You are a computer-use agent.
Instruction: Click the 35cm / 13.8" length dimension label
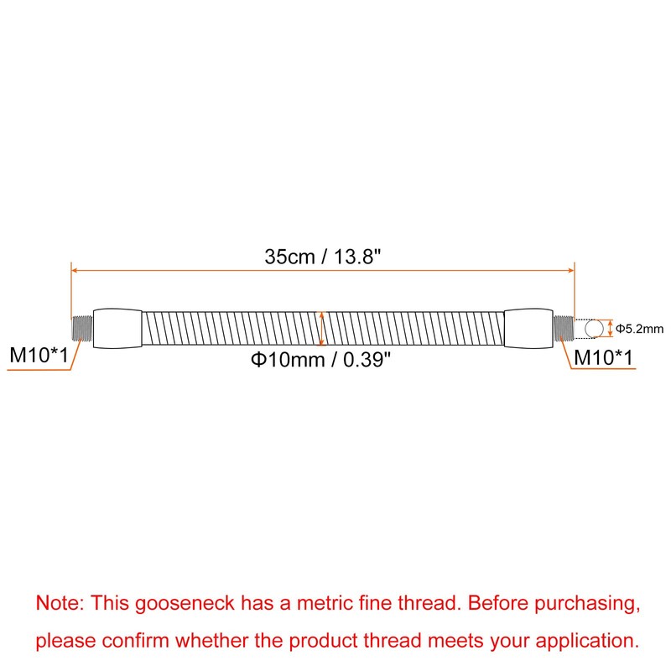tap(323, 257)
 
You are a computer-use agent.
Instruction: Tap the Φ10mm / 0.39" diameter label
tap(321, 359)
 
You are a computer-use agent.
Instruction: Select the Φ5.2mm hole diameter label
tap(640, 329)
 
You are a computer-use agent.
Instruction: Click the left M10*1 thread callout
tap(39, 355)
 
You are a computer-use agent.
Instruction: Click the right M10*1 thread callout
tap(603, 357)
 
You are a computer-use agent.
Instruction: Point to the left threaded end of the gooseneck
tap(82, 328)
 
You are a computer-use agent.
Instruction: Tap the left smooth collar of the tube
tap(117, 328)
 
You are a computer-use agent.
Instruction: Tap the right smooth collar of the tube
tap(528, 328)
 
